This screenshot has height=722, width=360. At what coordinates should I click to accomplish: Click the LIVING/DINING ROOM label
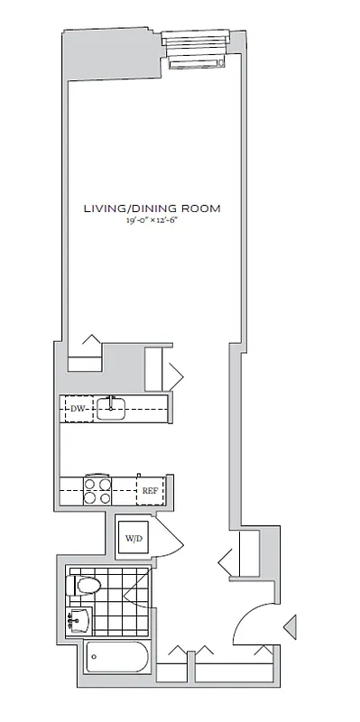[x=152, y=208]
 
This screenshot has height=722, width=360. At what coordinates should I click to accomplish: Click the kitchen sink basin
[x=111, y=409]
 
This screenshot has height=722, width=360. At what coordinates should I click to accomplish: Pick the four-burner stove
[x=97, y=490]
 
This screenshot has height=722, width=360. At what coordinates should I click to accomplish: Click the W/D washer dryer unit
[x=134, y=538]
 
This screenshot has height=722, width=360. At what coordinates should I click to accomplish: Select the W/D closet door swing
[x=170, y=540]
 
